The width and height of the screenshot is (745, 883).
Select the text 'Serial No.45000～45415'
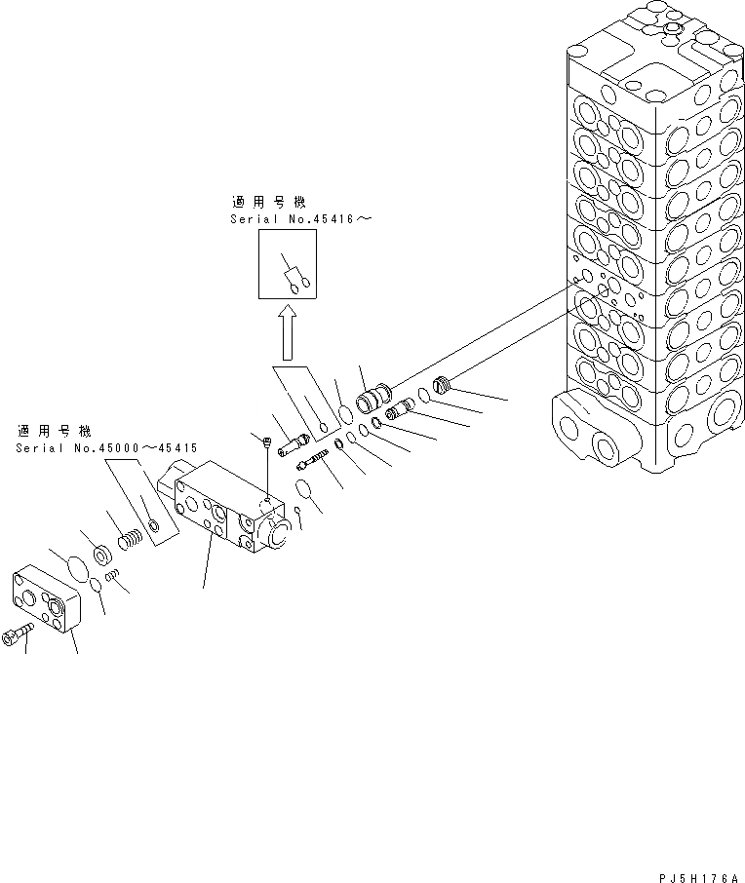[x=106, y=448]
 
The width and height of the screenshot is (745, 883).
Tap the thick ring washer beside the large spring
[x=101, y=557]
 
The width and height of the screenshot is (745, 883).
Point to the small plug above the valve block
[x=266, y=442]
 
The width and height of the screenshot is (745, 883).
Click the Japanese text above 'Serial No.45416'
[x=267, y=203]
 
